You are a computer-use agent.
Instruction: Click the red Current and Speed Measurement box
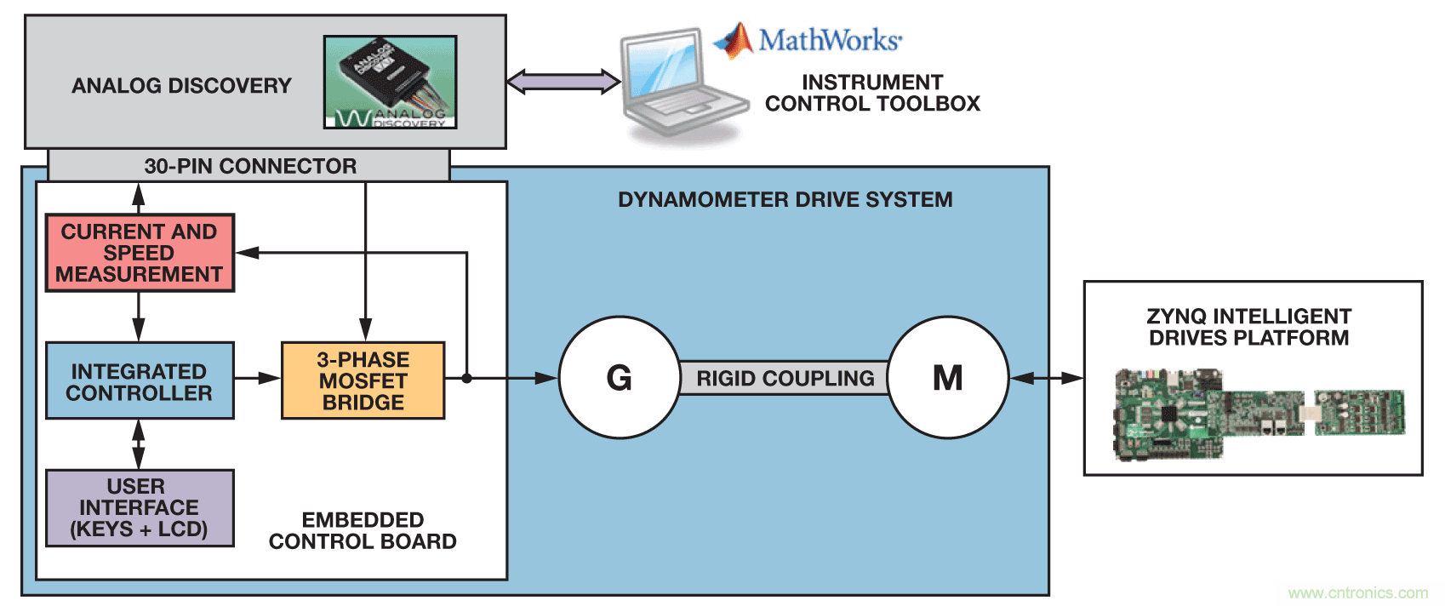(x=140, y=253)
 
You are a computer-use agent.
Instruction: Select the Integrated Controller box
(x=140, y=381)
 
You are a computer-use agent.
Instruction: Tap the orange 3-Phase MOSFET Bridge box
(x=363, y=381)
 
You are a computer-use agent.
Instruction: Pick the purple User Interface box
(x=140, y=508)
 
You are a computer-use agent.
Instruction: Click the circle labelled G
(x=620, y=378)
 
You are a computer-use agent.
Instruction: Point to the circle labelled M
(x=948, y=378)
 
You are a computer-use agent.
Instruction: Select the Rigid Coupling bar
(x=785, y=378)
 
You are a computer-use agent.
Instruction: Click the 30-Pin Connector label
(x=250, y=166)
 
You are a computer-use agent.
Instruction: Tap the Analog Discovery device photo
(x=391, y=82)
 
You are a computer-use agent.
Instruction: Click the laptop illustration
(x=681, y=85)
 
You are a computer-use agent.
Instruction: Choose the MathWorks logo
(x=808, y=40)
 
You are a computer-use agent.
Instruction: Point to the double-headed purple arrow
(x=563, y=82)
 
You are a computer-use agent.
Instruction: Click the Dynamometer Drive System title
(x=785, y=200)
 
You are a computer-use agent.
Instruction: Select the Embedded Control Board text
(x=363, y=530)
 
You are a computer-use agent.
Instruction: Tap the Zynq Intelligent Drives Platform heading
(x=1248, y=327)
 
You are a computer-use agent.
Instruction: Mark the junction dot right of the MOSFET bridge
(x=466, y=378)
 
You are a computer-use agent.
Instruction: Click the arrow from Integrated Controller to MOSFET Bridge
(x=257, y=378)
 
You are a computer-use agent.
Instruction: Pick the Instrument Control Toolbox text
(x=872, y=93)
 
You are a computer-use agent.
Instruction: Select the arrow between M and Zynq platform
(x=1046, y=378)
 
